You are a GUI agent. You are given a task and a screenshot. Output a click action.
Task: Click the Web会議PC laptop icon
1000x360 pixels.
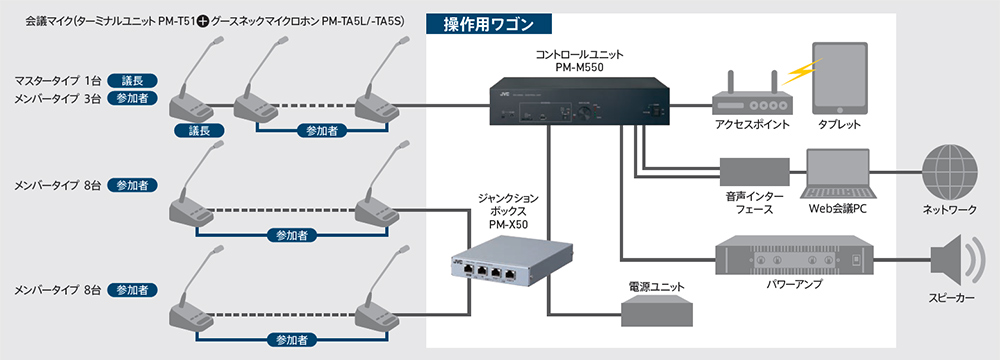coord(837,174)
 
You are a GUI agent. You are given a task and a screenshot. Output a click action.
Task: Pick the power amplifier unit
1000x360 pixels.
coord(793,259)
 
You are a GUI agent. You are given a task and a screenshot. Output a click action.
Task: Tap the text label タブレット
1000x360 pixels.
coord(839,125)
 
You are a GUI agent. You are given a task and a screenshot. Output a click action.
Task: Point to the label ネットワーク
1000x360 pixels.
coord(950,210)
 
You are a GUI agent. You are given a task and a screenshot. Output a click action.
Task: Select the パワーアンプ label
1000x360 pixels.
coord(793,285)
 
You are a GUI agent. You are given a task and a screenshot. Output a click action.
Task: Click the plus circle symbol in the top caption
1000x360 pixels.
coord(203,20)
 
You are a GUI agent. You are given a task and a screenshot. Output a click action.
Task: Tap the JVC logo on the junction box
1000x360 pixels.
coord(457,260)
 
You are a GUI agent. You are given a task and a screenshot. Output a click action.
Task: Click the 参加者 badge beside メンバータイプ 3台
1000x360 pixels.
coord(132,98)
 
